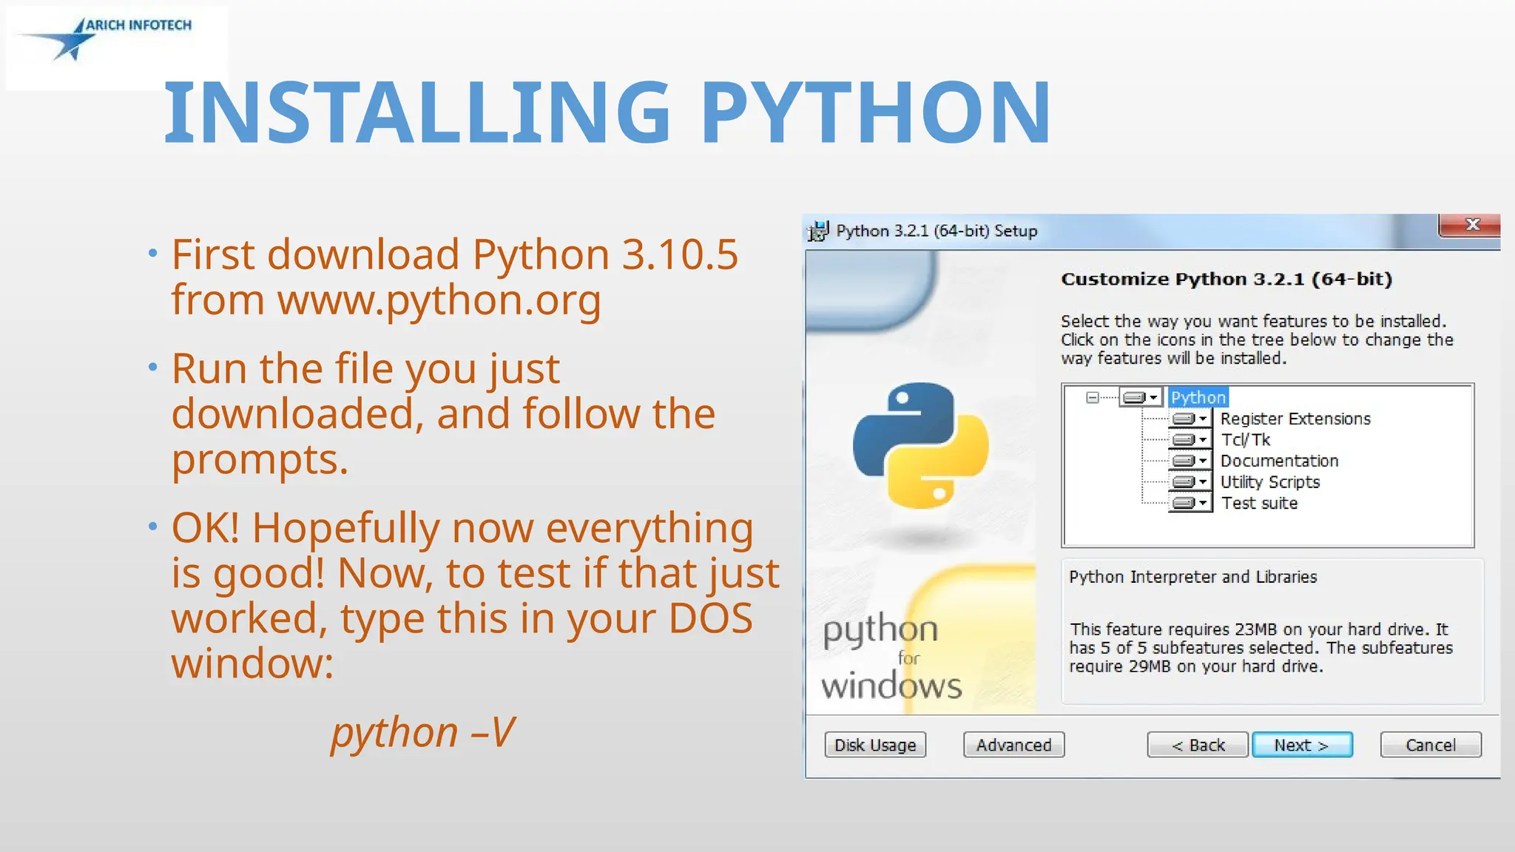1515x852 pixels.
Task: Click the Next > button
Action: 1302,745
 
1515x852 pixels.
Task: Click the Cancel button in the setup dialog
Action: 1431,745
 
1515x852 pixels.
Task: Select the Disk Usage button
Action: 875,745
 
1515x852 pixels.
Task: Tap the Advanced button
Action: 1013,745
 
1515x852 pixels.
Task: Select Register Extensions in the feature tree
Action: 1295,419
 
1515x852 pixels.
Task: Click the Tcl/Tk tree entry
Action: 1245,440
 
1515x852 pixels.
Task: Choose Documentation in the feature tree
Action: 1279,461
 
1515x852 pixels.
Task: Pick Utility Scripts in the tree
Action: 1269,482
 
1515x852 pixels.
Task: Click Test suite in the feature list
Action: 1259,504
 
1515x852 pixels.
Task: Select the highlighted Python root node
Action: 1198,398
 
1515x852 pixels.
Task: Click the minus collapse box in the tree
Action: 1093,398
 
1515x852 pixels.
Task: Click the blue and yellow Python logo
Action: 921,445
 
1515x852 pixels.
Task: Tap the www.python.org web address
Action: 439,300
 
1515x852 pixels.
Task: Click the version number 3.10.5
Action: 680,254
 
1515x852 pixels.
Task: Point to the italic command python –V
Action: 422,732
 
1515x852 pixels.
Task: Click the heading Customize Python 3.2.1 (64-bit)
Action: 1226,280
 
